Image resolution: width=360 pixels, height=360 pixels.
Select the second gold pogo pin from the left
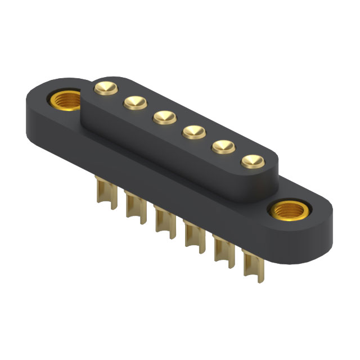click(134, 102)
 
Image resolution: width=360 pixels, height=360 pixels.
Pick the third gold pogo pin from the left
click(163, 116)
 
